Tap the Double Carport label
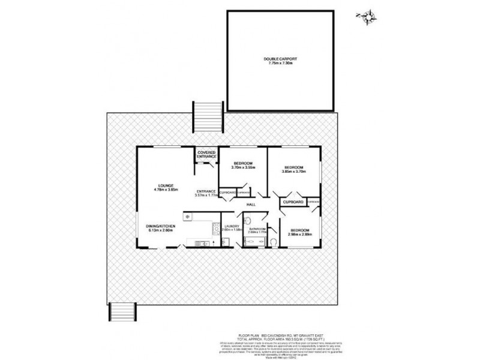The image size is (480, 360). click(280, 59)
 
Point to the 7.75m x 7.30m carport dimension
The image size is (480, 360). click(280, 64)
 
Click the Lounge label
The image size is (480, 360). click(166, 185)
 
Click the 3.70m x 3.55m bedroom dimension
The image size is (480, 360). click(243, 168)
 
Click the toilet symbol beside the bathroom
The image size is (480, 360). click(273, 242)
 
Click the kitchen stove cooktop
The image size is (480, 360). click(214, 227)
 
